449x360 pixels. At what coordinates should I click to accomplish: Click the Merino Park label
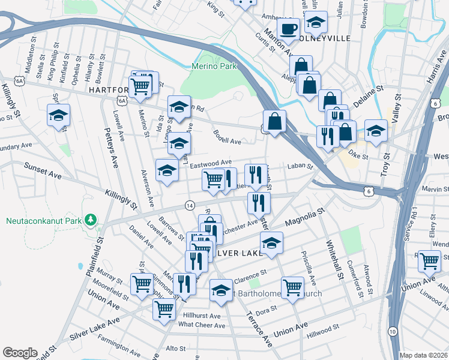[x=215, y=66]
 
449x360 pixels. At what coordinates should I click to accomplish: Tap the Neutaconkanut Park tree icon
[x=91, y=220]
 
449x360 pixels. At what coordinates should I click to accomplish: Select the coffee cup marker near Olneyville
[x=289, y=29]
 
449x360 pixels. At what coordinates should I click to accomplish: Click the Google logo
[x=20, y=353]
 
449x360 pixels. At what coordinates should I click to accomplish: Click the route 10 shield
[x=392, y=332]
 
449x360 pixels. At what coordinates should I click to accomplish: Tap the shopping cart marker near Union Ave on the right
[x=430, y=261]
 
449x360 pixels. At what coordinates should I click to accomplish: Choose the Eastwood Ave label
[x=212, y=163]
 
